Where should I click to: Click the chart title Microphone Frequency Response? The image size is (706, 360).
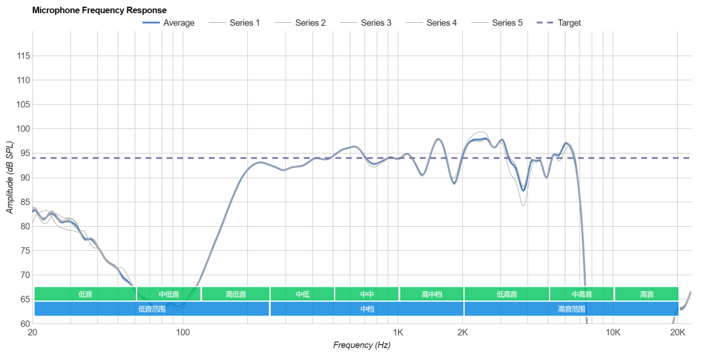click(99, 10)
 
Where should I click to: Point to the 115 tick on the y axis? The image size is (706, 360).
click(23, 56)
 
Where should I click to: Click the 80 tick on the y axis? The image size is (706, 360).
click(24, 226)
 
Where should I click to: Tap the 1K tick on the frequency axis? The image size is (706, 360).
click(398, 333)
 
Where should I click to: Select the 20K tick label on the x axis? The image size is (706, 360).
click(678, 333)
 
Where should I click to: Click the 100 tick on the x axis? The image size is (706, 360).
click(183, 333)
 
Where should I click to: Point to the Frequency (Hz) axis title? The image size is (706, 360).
click(361, 345)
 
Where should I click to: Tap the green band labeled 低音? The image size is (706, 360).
click(85, 294)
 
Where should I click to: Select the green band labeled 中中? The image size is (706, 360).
click(367, 294)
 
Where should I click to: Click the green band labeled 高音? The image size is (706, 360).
click(646, 294)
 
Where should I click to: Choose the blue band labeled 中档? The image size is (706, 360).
click(367, 308)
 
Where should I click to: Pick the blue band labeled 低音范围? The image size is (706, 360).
click(152, 308)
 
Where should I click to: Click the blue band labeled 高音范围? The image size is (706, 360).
click(571, 308)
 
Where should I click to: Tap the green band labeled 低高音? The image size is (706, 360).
click(507, 294)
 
